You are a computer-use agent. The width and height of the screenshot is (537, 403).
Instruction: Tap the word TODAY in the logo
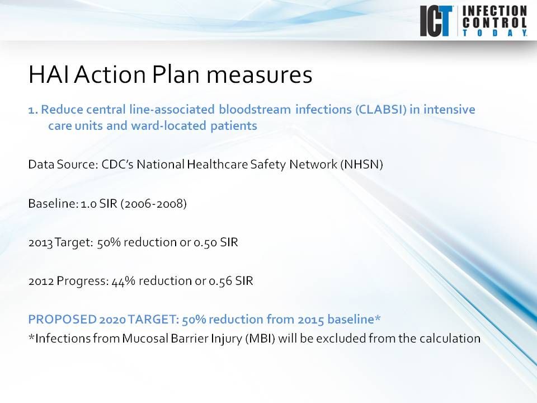coord(494,33)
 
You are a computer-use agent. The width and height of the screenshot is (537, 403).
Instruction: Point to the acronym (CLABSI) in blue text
coord(380,109)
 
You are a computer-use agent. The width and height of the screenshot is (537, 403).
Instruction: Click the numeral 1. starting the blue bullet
coord(33,109)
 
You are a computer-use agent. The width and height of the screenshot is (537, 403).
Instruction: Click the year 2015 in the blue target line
coord(310,320)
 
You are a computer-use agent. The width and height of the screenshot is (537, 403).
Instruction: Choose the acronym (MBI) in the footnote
coord(260,339)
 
